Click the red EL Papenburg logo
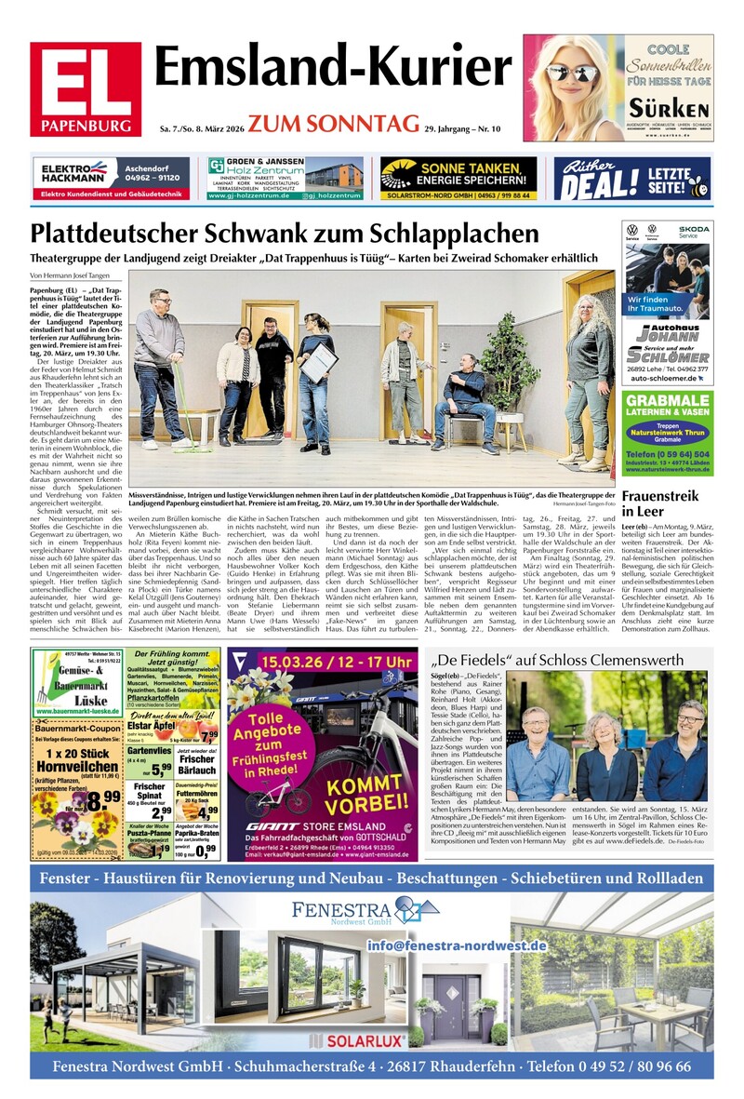pyautogui.click(x=85, y=89)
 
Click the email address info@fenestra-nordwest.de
pyautogui.click(x=456, y=919)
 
